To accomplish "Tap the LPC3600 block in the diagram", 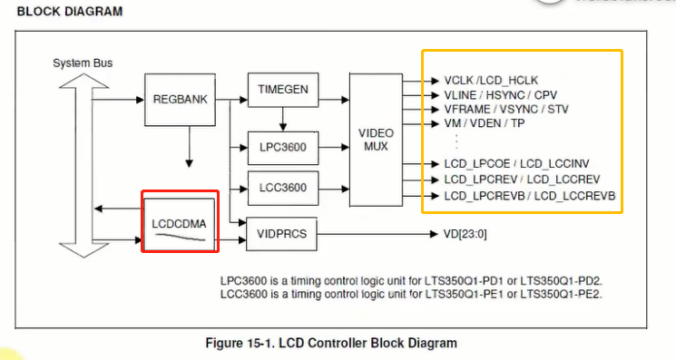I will [283, 145].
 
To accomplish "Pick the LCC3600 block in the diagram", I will [283, 189].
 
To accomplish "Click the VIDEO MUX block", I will [376, 138].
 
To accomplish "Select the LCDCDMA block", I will [180, 222].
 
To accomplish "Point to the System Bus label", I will [83, 63].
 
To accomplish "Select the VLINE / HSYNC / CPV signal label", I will [501, 94].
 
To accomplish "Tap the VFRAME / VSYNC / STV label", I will [506, 109].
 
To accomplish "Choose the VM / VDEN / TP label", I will [486, 123].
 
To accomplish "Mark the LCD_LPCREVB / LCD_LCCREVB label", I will [530, 195].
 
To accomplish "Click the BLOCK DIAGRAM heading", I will [70, 12].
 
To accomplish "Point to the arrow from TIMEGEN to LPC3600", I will [283, 118].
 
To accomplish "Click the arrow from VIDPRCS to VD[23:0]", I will [377, 234].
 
